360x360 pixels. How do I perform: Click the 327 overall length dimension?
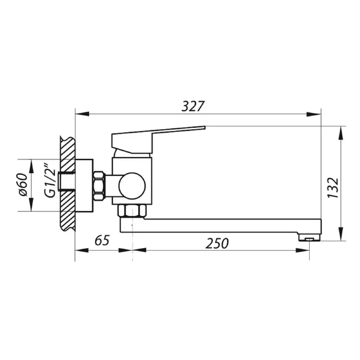(193, 106)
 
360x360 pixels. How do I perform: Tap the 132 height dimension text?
(333, 188)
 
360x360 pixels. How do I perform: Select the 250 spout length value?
(217, 243)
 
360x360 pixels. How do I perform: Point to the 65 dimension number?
(102, 241)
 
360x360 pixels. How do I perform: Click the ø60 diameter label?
(23, 185)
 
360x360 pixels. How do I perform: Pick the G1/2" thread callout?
(50, 181)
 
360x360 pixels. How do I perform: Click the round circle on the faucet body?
(132, 186)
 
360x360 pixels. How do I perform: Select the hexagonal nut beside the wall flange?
(99, 186)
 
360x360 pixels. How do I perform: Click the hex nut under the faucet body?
(132, 211)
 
